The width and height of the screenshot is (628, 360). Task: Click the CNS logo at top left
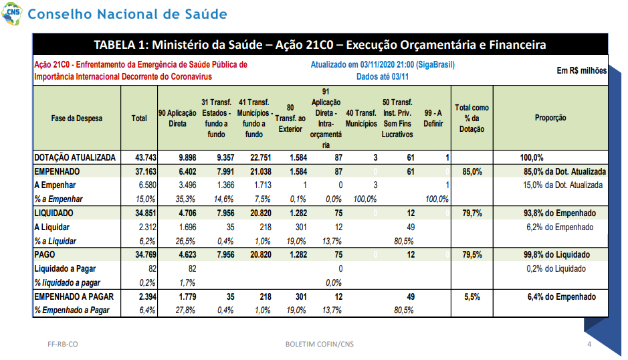(12, 13)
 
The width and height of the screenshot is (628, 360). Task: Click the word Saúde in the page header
(206, 14)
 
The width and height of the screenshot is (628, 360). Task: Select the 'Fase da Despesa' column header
(76, 118)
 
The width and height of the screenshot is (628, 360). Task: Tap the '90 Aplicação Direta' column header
(177, 118)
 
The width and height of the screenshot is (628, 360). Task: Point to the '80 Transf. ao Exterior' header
(290, 118)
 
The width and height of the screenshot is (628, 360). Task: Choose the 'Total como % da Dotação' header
(472, 118)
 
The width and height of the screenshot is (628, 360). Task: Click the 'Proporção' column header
(550, 118)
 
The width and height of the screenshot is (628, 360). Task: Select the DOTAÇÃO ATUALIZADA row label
(75, 157)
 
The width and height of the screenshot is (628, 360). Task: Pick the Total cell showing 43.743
(146, 157)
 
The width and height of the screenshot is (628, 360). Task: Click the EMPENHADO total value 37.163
(146, 171)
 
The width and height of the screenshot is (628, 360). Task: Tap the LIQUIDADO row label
(54, 213)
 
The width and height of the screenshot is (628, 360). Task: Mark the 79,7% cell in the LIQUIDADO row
(472, 213)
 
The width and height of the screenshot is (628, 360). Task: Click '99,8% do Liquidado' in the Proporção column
(556, 254)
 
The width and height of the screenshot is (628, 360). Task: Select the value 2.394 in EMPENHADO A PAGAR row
(147, 296)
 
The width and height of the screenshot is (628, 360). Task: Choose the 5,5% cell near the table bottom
(472, 296)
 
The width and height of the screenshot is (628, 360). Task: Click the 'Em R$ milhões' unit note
(582, 70)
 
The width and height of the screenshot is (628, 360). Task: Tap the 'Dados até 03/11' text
(383, 76)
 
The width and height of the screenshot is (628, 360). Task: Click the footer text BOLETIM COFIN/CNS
(320, 344)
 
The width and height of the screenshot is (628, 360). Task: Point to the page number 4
(589, 344)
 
